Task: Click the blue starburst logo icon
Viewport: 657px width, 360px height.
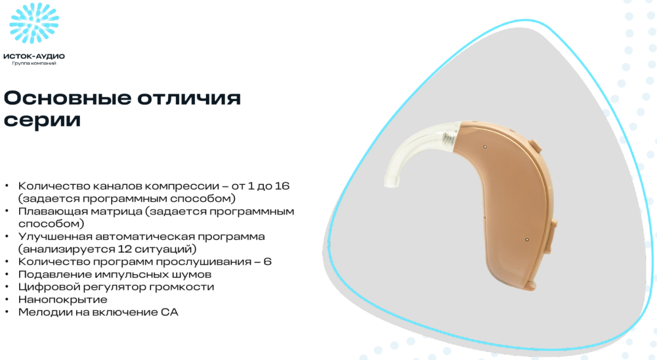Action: coord(34,23)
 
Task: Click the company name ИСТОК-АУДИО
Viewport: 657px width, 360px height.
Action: coord(34,56)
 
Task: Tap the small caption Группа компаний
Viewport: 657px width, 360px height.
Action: coord(34,63)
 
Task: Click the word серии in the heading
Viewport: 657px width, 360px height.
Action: coord(42,120)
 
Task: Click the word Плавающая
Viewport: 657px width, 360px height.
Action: coord(51,211)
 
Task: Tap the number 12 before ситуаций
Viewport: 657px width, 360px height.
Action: coord(125,249)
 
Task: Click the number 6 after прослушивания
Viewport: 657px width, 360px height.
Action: coord(268,262)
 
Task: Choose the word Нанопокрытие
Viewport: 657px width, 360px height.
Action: coord(63,300)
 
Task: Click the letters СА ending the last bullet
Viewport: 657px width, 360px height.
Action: coord(170,312)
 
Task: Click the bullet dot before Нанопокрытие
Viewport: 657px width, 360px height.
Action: coord(7,299)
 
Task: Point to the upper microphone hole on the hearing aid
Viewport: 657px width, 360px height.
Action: coord(485,147)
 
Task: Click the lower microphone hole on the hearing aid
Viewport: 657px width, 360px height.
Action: coord(527,240)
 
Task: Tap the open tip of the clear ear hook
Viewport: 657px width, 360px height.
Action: coord(392,181)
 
